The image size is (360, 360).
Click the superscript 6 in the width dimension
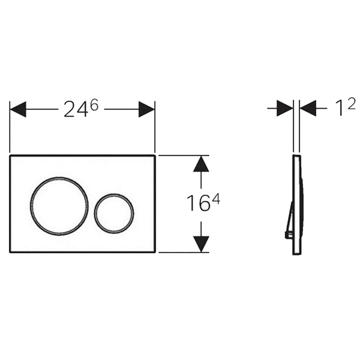coord(94,106)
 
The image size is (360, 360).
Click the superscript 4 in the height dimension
coord(216,199)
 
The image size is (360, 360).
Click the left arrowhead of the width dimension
coord(17,109)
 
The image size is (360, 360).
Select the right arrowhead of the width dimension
coord(146,109)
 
